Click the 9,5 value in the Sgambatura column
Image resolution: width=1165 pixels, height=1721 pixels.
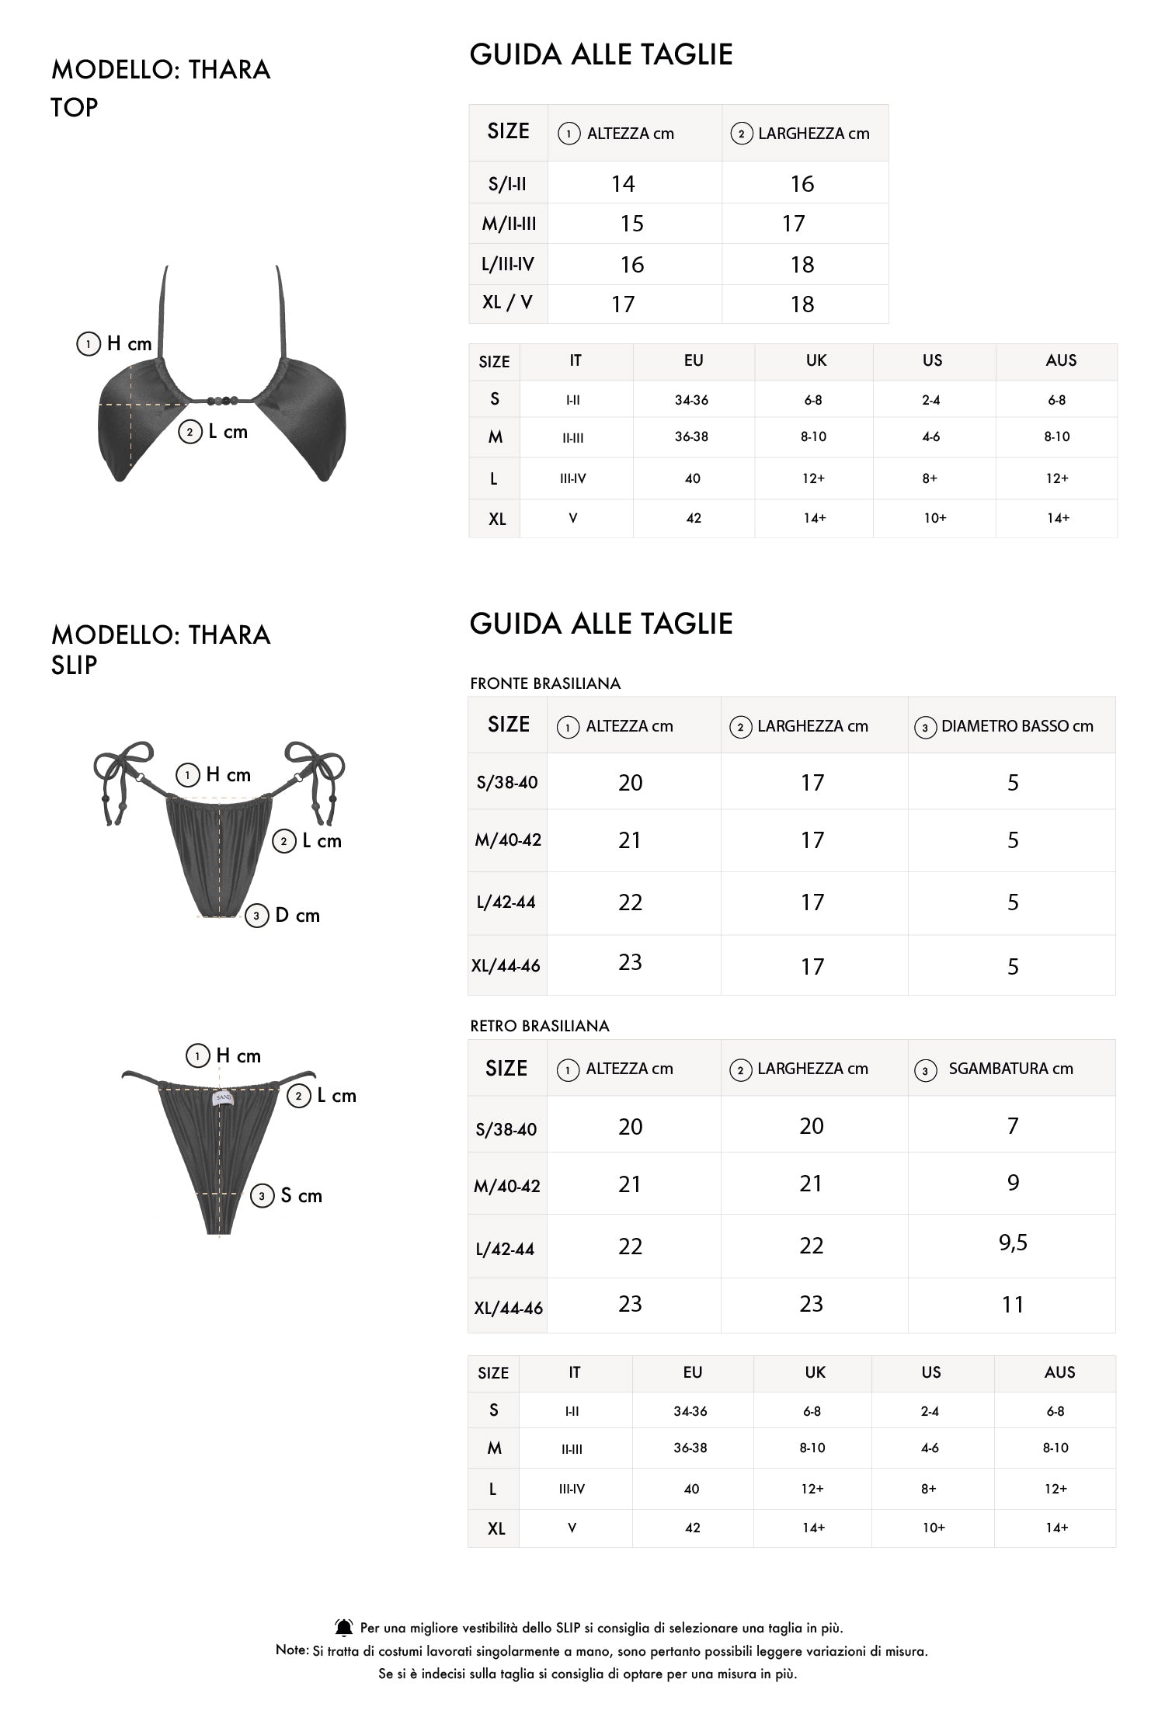pyautogui.click(x=1013, y=1243)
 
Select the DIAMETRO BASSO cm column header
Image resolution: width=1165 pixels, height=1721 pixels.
pyautogui.click(x=1016, y=726)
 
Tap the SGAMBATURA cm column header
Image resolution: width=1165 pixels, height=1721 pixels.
pyautogui.click(x=1010, y=1069)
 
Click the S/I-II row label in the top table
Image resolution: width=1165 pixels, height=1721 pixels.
pyautogui.click(x=507, y=184)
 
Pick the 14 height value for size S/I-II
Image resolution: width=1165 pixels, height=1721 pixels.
pyautogui.click(x=623, y=184)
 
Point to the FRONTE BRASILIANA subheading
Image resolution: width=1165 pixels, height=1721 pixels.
pyautogui.click(x=545, y=683)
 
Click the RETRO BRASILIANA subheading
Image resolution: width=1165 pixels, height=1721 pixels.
pyautogui.click(x=540, y=1026)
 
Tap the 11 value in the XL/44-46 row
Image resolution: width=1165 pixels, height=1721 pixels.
pyautogui.click(x=1013, y=1305)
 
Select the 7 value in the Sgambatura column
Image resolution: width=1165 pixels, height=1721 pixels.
pyautogui.click(x=1013, y=1126)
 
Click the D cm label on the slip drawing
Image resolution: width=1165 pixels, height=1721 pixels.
pyautogui.click(x=297, y=916)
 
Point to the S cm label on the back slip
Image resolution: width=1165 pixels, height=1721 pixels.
pyautogui.click(x=301, y=1196)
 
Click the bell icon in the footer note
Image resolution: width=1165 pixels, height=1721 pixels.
pyautogui.click(x=343, y=1627)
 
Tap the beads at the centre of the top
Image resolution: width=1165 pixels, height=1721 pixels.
pyautogui.click(x=223, y=401)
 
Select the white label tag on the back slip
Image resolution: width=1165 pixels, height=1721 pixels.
pyautogui.click(x=223, y=1098)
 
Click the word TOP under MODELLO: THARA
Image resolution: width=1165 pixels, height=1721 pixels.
pyautogui.click(x=75, y=107)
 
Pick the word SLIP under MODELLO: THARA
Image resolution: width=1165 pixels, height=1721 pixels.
pyautogui.click(x=75, y=666)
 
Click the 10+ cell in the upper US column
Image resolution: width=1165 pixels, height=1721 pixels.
pyautogui.click(x=934, y=518)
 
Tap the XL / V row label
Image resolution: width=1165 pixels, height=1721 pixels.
pyautogui.click(x=507, y=302)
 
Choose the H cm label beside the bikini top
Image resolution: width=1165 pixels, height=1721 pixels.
pyautogui.click(x=128, y=343)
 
